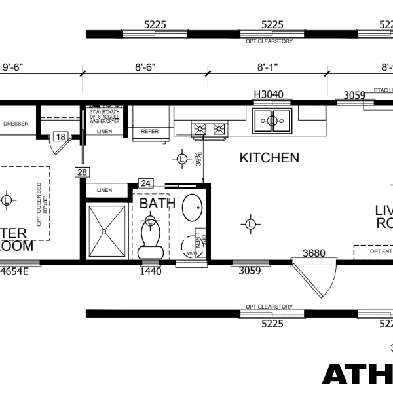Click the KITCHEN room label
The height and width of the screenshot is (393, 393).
point(269,158)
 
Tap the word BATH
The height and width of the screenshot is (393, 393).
point(157,203)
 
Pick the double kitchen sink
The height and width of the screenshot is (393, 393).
point(272,119)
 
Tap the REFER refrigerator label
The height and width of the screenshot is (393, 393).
point(150,132)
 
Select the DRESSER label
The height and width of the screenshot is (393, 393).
point(16,123)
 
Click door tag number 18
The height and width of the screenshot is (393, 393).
point(60,136)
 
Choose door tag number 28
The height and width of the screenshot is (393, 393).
point(81,172)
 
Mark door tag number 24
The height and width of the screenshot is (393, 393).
point(146,184)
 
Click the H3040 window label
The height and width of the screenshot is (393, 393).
point(269,94)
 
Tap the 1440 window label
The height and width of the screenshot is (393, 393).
point(150,271)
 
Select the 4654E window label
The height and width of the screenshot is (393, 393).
point(18,271)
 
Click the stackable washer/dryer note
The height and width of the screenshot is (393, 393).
point(105,116)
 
